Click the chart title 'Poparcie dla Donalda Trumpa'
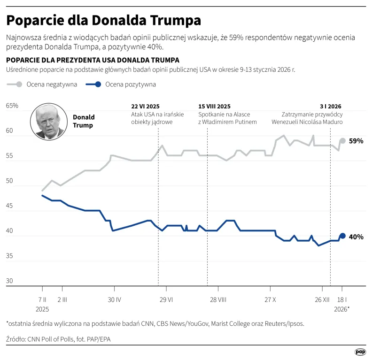click(103, 21)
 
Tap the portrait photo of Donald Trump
click(48, 122)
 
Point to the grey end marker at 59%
click(342, 141)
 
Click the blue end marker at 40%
click(342, 236)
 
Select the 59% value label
click(356, 141)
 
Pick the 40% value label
click(356, 237)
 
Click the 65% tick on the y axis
click(12, 106)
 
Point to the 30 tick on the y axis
click(9, 282)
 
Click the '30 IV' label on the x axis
click(115, 299)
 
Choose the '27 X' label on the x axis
click(270, 299)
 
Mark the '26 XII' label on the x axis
click(323, 299)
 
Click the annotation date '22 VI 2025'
click(146, 107)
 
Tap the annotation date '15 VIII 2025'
click(215, 107)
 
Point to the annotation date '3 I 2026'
click(331, 107)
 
